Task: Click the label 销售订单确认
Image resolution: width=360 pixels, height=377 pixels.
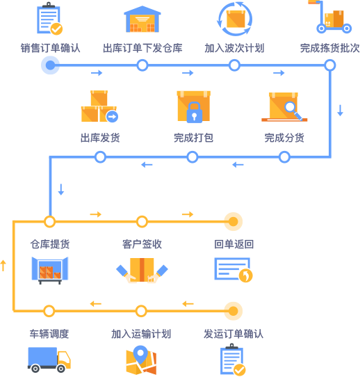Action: pyautogui.click(x=50, y=48)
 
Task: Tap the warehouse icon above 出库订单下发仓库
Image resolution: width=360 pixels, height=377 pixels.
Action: pyautogui.click(x=142, y=19)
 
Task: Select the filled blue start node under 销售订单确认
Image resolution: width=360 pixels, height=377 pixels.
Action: pyautogui.click(x=50, y=65)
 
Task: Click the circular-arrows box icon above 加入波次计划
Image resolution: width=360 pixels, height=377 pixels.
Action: pyautogui.click(x=234, y=19)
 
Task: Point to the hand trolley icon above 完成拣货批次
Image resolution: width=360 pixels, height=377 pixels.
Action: pyautogui.click(x=329, y=17)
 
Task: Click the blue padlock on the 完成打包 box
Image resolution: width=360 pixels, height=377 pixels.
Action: pyautogui.click(x=195, y=113)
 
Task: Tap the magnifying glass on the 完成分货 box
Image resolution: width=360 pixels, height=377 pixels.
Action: pyautogui.click(x=293, y=110)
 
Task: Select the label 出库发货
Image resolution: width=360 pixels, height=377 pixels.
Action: pyautogui.click(x=100, y=138)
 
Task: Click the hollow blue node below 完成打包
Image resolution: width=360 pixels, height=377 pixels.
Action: pyautogui.click(x=193, y=157)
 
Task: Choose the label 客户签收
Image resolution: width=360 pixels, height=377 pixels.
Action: pyautogui.click(x=142, y=244)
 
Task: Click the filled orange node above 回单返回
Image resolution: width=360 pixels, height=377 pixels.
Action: pyautogui.click(x=234, y=221)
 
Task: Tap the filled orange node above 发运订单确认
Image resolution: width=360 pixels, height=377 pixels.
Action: pyautogui.click(x=234, y=311)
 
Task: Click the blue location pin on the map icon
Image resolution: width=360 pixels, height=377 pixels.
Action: pyautogui.click(x=140, y=355)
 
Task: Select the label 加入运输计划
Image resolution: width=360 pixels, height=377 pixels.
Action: pyautogui.click(x=141, y=334)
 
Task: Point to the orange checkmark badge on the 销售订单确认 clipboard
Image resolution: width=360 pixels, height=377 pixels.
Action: pyautogui.click(x=56, y=29)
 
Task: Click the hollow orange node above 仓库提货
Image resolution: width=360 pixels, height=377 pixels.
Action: pyautogui.click(x=50, y=221)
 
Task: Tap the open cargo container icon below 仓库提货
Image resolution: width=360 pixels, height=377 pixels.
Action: pyautogui.click(x=50, y=271)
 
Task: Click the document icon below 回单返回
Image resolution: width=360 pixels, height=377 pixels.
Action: pyautogui.click(x=233, y=269)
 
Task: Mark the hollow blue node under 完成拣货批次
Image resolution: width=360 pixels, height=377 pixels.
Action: pyautogui.click(x=330, y=65)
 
